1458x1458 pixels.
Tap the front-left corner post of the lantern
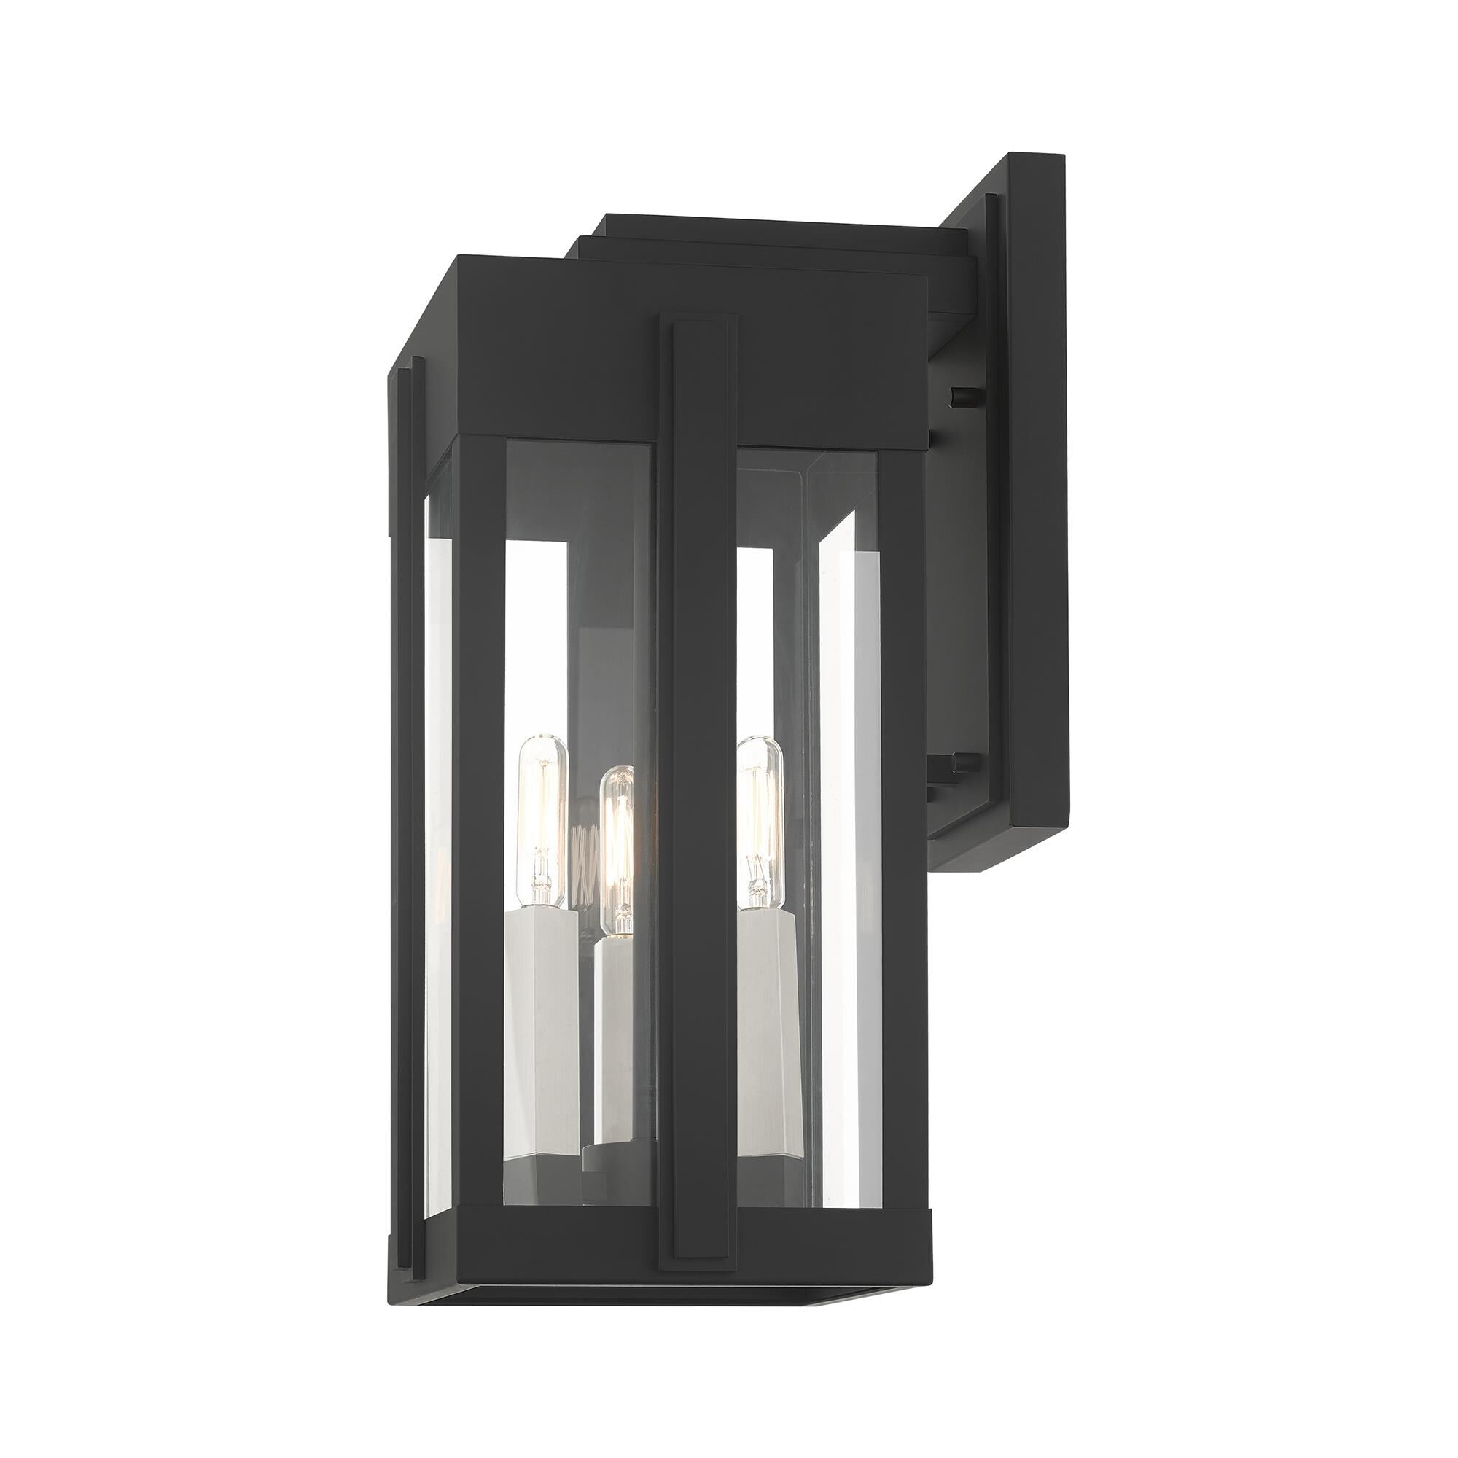475,830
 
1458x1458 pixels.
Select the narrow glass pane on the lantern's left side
435,830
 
